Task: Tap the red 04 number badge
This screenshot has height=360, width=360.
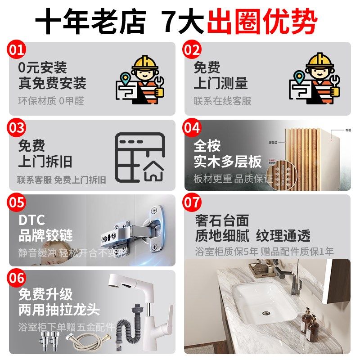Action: [192, 128]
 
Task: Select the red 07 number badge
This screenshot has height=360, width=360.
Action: [192, 202]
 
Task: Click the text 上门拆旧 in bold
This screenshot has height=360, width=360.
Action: [45, 162]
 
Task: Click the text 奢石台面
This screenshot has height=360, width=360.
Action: [222, 220]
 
